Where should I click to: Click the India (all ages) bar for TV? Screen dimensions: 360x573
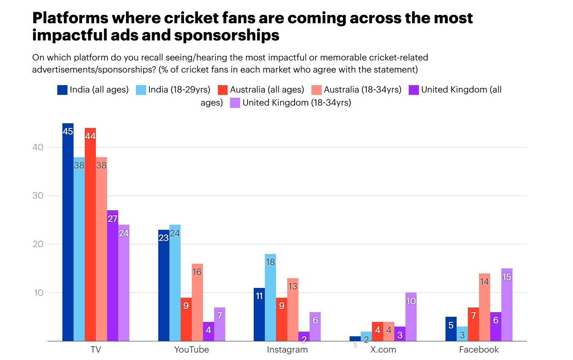(x=68, y=233)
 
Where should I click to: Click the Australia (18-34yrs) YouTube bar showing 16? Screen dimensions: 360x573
(x=197, y=302)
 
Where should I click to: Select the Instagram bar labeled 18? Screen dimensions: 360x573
(x=270, y=298)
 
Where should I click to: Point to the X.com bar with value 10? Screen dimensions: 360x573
(x=411, y=317)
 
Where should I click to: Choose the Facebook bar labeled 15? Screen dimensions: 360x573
(x=507, y=305)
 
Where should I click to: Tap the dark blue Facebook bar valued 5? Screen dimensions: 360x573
(x=451, y=329)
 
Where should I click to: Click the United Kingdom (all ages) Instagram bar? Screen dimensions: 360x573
(x=304, y=336)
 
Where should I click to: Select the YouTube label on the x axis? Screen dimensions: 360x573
(x=191, y=350)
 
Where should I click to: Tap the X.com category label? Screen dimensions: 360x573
(x=383, y=350)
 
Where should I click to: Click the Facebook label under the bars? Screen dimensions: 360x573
(x=479, y=350)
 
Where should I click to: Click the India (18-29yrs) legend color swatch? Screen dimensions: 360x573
(x=141, y=90)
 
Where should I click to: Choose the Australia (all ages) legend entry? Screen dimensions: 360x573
(x=267, y=90)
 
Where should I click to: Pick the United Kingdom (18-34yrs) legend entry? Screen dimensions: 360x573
(x=297, y=103)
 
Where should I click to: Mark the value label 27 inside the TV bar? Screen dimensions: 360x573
(x=113, y=219)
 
